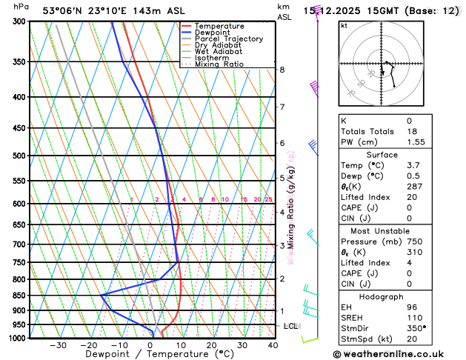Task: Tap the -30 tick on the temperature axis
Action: [x=58, y=345]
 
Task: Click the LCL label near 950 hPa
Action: [x=291, y=326]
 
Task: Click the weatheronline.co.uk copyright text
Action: [x=400, y=355]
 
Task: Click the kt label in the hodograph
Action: [x=344, y=25]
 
